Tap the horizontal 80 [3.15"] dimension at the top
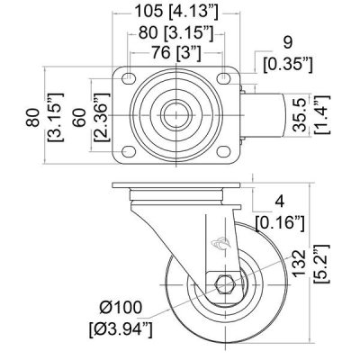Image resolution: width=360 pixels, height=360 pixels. coord(175,31)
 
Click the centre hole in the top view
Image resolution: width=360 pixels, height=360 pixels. coord(175,113)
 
